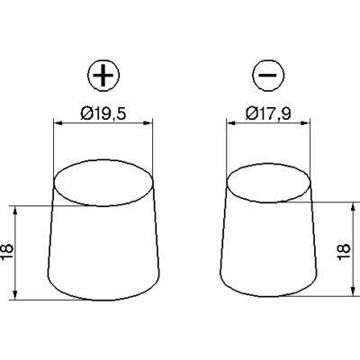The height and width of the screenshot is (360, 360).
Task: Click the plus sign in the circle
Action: [x=103, y=75]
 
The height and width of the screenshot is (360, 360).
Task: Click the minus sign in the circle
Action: [x=268, y=75]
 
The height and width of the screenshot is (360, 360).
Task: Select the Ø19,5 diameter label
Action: [x=103, y=113]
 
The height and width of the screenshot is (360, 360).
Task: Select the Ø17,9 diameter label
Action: [x=268, y=113]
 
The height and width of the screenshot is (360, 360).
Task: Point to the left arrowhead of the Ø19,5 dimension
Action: [x=58, y=122]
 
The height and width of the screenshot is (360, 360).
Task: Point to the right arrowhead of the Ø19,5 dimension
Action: [x=148, y=122]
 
